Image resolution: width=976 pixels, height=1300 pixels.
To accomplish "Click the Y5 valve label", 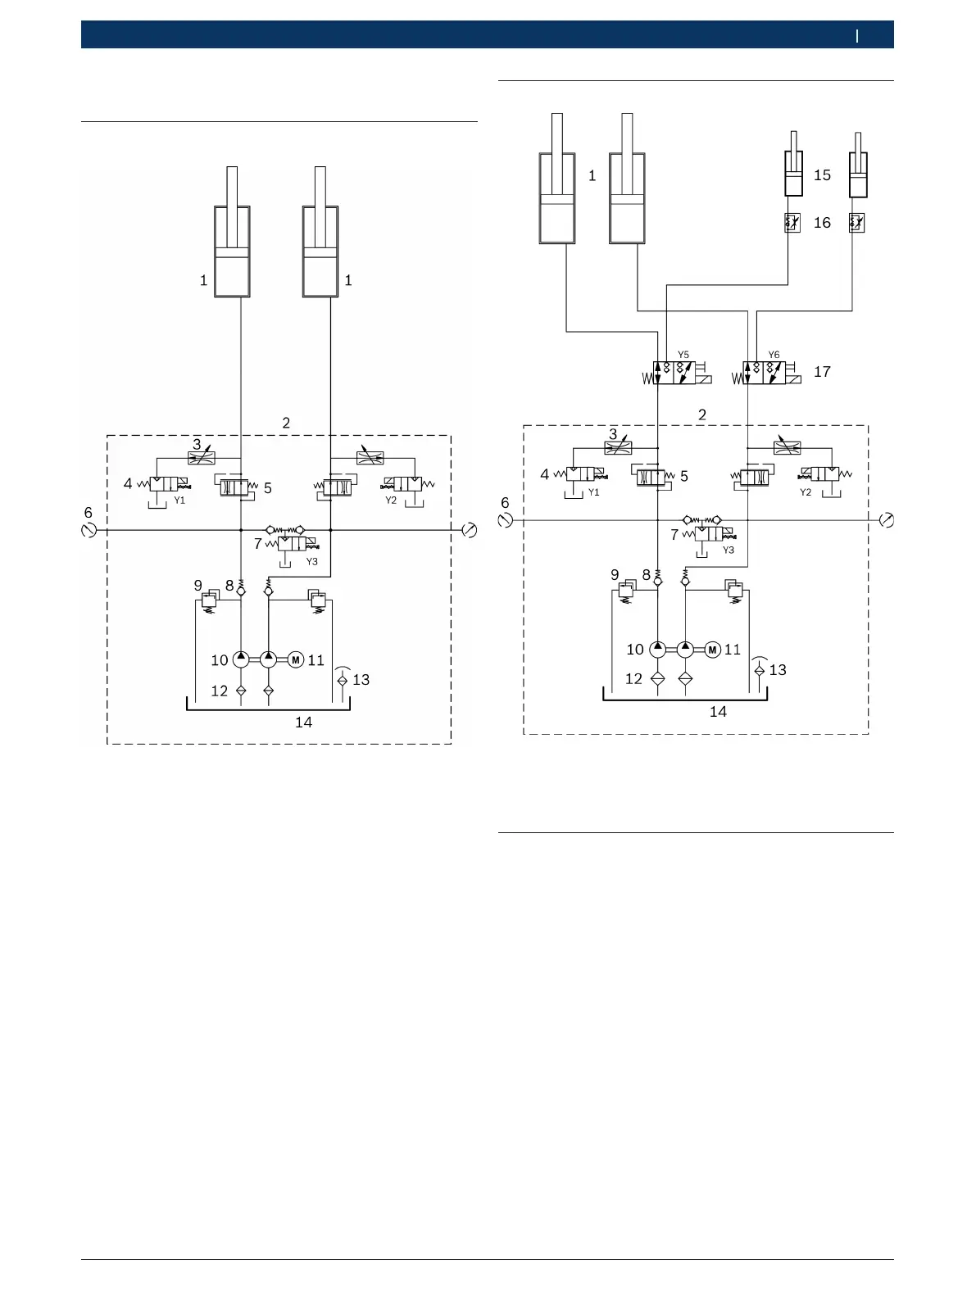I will (x=683, y=355).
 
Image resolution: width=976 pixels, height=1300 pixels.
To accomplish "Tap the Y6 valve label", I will (x=774, y=355).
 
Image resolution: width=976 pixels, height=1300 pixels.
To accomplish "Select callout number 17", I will (x=822, y=372).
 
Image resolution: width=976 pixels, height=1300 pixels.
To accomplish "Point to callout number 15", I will (x=822, y=175).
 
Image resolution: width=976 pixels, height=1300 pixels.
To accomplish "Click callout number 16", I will (x=822, y=223).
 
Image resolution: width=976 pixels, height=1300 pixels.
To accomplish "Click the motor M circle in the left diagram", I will (x=296, y=659).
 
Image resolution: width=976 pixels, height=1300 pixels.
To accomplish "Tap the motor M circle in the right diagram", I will (x=712, y=650).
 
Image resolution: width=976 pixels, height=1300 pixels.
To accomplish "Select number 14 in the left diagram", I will (x=303, y=722).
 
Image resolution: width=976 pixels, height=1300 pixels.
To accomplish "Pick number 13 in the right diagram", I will (x=778, y=670).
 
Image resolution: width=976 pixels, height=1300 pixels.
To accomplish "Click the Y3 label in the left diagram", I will (x=311, y=562).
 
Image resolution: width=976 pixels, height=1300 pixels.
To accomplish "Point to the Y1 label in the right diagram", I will (x=594, y=492).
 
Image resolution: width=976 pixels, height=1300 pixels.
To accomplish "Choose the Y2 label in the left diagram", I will (x=391, y=501).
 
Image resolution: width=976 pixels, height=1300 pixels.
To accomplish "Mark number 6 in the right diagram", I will (x=505, y=503).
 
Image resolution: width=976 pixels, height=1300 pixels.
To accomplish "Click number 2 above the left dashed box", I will (x=286, y=424).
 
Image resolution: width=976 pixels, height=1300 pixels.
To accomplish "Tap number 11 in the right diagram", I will (x=733, y=650).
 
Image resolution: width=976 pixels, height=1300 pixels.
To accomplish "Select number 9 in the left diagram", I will (x=197, y=586).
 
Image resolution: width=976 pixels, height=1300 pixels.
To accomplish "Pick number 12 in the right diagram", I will (x=633, y=679).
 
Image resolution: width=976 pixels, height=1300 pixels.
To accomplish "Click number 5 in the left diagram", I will (x=268, y=488).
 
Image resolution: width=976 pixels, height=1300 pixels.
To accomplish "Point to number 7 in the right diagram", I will (x=674, y=535).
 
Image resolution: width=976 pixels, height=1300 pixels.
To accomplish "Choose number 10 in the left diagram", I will (x=219, y=660).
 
